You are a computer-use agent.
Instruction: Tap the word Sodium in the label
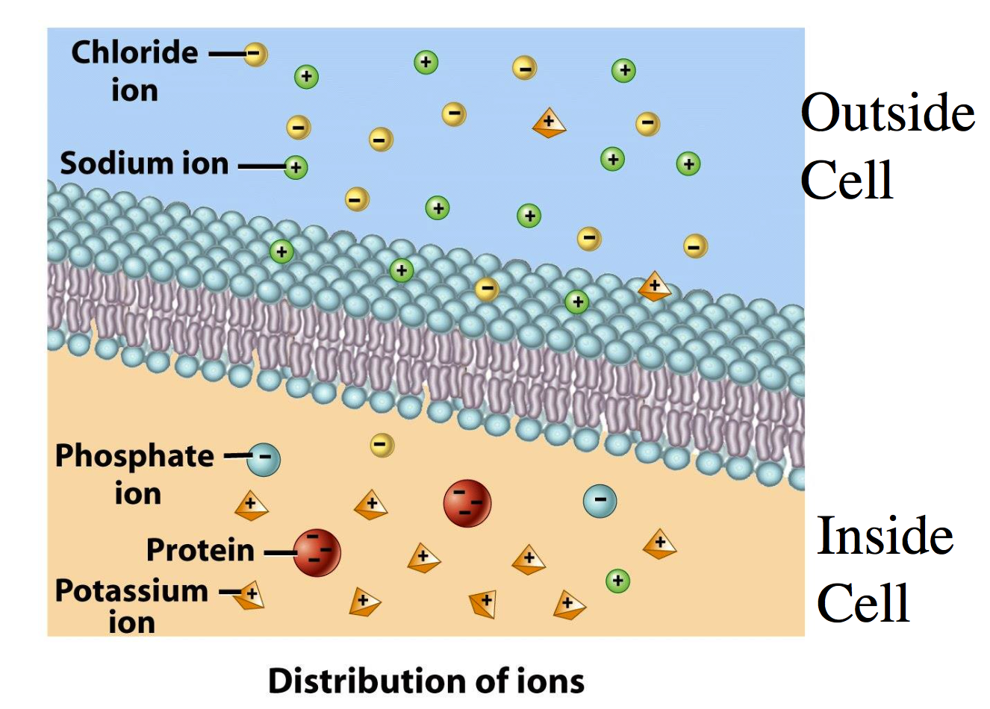coord(105,163)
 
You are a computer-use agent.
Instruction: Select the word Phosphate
coord(134,456)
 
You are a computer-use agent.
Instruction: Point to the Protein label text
coord(200,550)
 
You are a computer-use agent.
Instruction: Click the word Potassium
coord(131,590)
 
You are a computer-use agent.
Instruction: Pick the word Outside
coord(887,113)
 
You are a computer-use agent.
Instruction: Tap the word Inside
coord(885,536)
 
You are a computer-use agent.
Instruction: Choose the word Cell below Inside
coord(863,603)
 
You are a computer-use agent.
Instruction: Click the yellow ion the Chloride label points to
coord(255,54)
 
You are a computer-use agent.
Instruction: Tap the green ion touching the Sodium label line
coord(296,167)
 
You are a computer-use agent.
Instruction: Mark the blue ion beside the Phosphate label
coord(264,459)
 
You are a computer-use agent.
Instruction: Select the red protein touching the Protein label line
coord(317,553)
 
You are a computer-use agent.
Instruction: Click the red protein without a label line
coord(467,504)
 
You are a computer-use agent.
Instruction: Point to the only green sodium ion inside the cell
coord(617,580)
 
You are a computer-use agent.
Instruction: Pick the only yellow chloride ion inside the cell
coord(382,446)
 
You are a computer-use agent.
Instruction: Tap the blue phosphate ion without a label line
coord(600,501)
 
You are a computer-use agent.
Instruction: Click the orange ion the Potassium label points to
coord(251,595)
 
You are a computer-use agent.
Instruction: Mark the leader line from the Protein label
coord(280,553)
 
